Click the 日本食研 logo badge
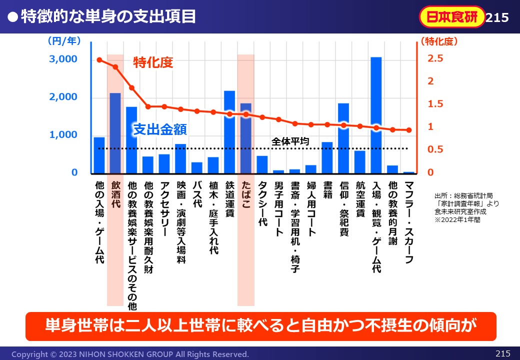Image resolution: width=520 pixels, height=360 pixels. pyautogui.click(x=452, y=17)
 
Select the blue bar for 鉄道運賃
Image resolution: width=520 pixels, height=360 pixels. pyautogui.click(x=229, y=132)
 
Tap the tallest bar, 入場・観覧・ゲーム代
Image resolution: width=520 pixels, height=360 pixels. pyautogui.click(x=376, y=115)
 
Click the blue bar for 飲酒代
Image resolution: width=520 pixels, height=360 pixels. pyautogui.click(x=115, y=133)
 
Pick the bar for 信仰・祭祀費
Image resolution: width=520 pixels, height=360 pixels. pyautogui.click(x=343, y=138)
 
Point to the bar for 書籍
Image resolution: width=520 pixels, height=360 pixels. pyautogui.click(x=327, y=157)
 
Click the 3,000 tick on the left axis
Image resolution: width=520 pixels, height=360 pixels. pyautogui.click(x=63, y=59)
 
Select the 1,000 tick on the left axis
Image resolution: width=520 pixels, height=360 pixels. pyautogui.click(x=63, y=135)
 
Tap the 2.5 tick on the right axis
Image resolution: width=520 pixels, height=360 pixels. pyautogui.click(x=435, y=59)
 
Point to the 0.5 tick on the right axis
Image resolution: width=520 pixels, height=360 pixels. pyautogui.click(x=435, y=149)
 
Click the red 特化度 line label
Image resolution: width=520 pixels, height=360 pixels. pyautogui.click(x=152, y=63)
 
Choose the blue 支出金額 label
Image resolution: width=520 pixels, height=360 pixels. pyautogui.click(x=160, y=130)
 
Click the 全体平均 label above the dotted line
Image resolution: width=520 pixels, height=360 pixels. pyautogui.click(x=290, y=141)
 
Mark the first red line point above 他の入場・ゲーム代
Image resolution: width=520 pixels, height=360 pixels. pyautogui.click(x=99, y=60)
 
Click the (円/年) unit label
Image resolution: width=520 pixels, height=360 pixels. pyautogui.click(x=63, y=41)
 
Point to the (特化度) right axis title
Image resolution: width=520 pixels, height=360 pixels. pyautogui.click(x=438, y=41)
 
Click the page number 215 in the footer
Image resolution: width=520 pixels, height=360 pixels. pyautogui.click(x=502, y=353)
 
